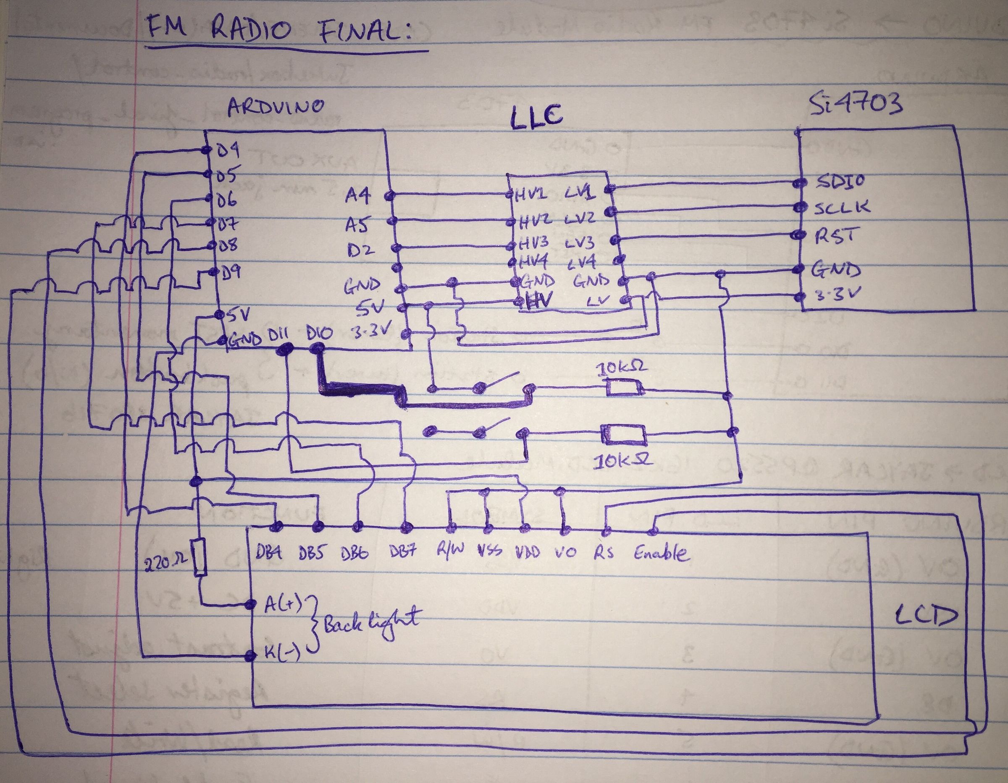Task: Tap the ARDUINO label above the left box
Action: [x=276, y=107]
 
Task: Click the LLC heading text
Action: [x=536, y=116]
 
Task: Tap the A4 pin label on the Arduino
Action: [x=357, y=196]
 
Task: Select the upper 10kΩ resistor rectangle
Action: [x=625, y=388]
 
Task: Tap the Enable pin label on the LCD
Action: [x=661, y=553]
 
